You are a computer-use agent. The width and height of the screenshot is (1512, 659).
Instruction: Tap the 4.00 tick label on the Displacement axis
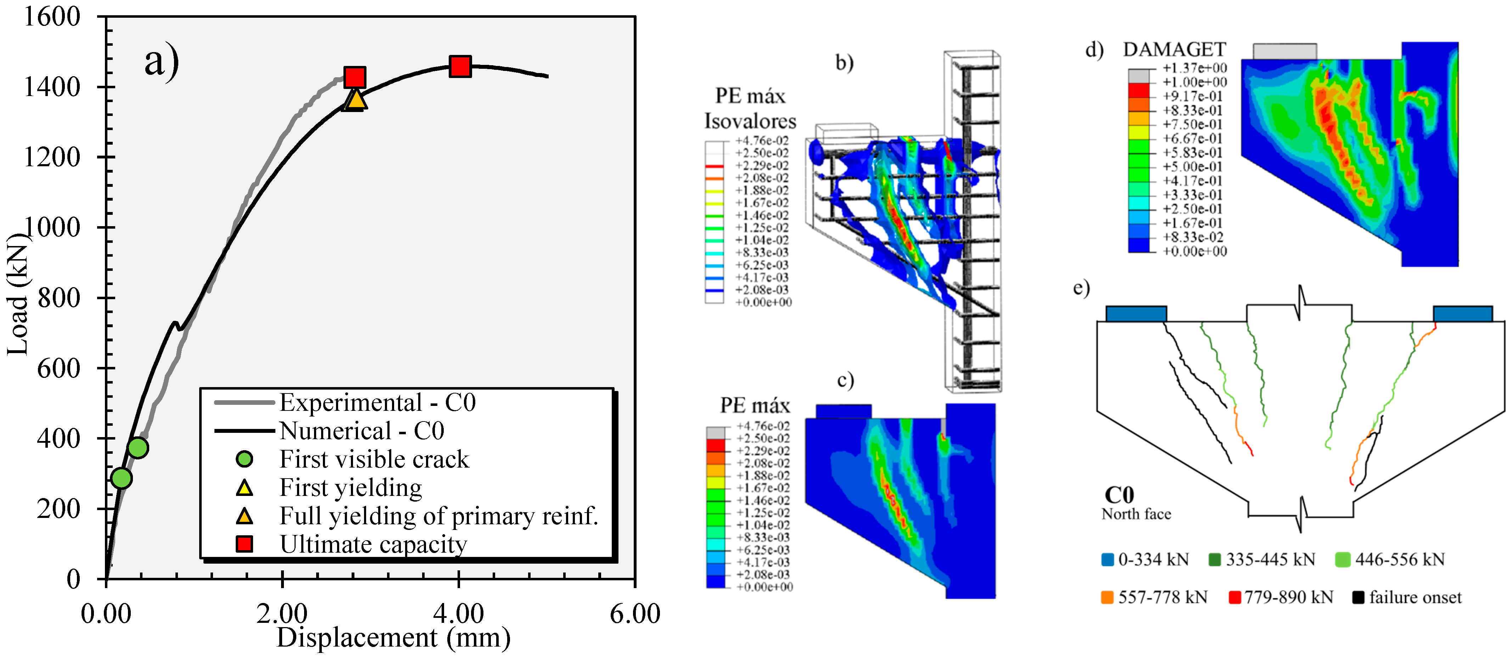[x=458, y=614]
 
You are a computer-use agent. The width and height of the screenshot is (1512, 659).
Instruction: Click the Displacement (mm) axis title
[x=393, y=638]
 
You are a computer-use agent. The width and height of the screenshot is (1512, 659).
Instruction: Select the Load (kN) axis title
[x=18, y=294]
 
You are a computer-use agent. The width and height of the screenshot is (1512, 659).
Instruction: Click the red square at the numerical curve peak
[x=460, y=66]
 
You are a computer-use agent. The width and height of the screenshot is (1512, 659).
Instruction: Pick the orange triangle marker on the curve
[x=356, y=99]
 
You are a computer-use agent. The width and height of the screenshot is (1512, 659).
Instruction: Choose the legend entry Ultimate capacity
[x=373, y=544]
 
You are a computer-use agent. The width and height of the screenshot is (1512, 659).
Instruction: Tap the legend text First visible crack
[x=374, y=459]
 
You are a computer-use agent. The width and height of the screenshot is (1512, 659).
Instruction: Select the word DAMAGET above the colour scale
[x=1174, y=49]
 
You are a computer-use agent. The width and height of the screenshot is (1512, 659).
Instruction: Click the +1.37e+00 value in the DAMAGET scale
[x=1194, y=68]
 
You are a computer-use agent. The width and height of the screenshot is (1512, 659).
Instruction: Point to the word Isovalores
[x=750, y=122]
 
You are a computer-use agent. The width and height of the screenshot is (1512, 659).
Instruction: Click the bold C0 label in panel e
[x=1119, y=495]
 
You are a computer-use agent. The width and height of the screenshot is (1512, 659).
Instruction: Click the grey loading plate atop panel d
[x=1284, y=51]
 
